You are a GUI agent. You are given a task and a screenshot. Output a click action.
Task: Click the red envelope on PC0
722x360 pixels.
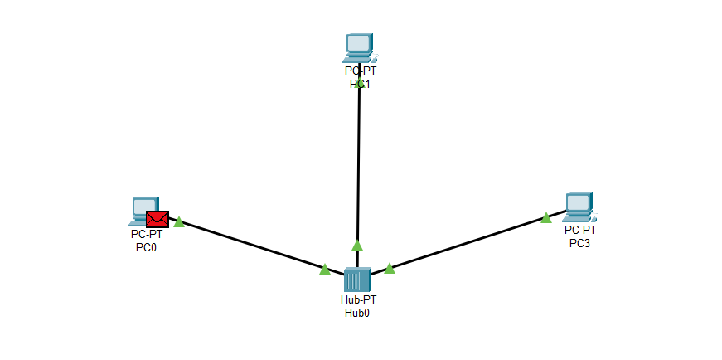pyautogui.click(x=157, y=219)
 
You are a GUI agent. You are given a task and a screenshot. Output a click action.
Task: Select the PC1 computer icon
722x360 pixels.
pyautogui.click(x=359, y=48)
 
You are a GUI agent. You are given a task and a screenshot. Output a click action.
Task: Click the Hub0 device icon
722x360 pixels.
pyautogui.click(x=357, y=280)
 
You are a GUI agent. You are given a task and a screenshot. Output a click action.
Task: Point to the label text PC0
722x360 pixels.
pyautogui.click(x=146, y=247)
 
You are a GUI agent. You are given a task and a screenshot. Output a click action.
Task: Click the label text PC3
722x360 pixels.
pyautogui.click(x=579, y=243)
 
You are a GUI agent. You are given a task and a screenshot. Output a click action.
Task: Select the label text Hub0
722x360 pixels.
pyautogui.click(x=358, y=313)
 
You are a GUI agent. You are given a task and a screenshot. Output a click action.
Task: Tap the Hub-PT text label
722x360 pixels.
pyautogui.click(x=358, y=299)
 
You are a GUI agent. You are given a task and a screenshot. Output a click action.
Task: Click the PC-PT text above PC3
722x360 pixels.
pyautogui.click(x=580, y=230)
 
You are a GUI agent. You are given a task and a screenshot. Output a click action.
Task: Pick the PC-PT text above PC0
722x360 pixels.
pyautogui.click(x=147, y=235)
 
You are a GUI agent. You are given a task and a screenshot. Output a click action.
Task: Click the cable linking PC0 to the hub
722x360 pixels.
pyautogui.click(x=249, y=245)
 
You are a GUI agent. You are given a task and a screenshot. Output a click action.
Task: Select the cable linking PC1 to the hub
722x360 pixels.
pyautogui.click(x=358, y=166)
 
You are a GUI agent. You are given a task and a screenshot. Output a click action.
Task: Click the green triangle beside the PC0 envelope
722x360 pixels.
pyautogui.click(x=178, y=221)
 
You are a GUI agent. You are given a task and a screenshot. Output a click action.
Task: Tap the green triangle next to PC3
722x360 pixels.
pyautogui.click(x=545, y=218)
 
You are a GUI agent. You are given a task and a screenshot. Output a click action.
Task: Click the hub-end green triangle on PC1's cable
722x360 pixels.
pyautogui.click(x=357, y=245)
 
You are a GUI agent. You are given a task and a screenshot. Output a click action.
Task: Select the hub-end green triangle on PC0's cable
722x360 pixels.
pyautogui.click(x=325, y=270)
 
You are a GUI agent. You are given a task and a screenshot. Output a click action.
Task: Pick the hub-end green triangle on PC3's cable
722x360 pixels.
pyautogui.click(x=390, y=267)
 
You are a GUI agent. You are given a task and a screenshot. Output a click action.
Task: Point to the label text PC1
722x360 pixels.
pyautogui.click(x=359, y=84)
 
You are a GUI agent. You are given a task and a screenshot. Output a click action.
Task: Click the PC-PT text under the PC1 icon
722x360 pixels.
pyautogui.click(x=361, y=71)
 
